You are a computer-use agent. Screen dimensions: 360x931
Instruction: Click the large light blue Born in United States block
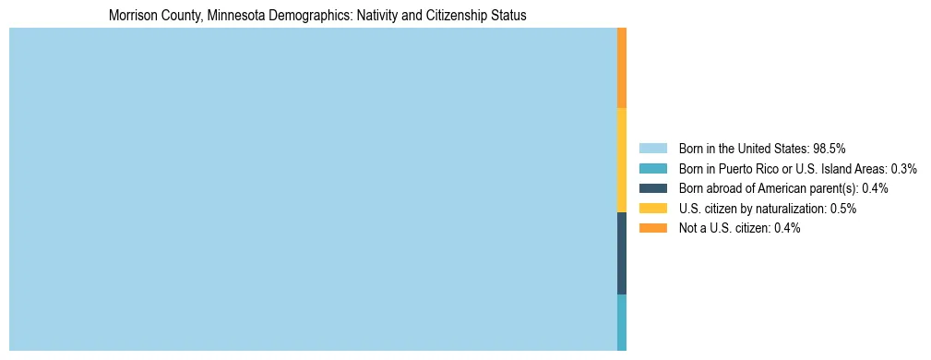pos(312,188)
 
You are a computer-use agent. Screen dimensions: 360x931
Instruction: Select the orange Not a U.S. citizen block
pos(622,67)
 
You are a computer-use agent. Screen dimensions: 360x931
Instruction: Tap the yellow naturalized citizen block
pos(622,160)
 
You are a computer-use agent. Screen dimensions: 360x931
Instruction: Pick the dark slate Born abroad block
pos(622,253)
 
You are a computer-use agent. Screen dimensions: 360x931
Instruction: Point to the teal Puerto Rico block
pos(622,322)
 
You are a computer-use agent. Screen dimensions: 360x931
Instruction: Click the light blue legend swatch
pos(652,148)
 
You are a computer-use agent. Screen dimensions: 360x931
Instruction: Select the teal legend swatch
pos(652,168)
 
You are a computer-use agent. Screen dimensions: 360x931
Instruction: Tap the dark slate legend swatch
pos(652,188)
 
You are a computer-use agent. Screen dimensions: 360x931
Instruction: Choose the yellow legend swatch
pos(652,209)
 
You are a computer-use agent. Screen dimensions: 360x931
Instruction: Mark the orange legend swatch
pos(652,228)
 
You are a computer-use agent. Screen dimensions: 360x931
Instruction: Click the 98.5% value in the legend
pos(830,148)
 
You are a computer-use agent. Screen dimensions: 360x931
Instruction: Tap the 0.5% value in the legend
pos(843,209)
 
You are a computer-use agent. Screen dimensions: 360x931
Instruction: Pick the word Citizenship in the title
pos(431,16)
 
